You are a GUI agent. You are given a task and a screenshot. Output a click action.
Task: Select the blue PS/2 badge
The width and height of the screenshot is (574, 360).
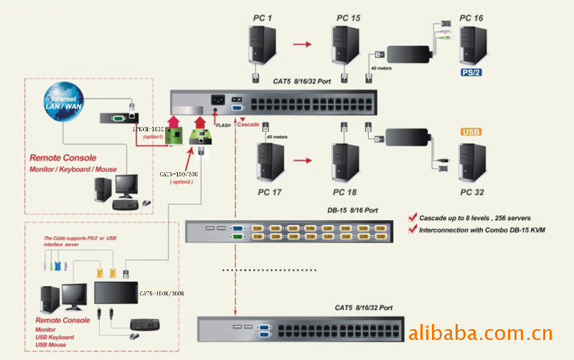pos(472,72)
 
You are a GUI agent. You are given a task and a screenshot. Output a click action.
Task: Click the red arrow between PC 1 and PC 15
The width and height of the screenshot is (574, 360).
pos(304,44)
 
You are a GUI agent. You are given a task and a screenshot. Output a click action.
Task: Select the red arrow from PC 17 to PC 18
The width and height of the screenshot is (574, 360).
pos(304,161)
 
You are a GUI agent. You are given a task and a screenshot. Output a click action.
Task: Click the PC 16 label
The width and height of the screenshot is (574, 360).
pos(471,16)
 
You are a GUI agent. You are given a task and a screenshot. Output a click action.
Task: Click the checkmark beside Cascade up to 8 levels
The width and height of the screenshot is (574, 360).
pos(413,216)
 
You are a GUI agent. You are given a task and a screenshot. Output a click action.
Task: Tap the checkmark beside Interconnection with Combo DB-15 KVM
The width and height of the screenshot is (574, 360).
pos(413,229)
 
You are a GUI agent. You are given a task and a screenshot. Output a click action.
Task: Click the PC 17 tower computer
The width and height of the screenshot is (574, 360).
pos(270,161)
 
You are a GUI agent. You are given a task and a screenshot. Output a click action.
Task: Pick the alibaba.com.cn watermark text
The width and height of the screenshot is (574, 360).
pos(479,333)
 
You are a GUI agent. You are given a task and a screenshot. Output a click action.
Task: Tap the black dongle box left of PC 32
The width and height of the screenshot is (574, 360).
pos(408,136)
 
